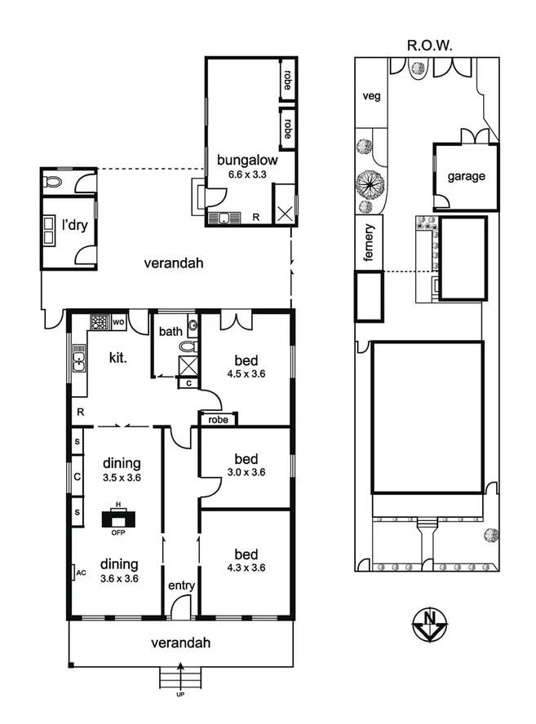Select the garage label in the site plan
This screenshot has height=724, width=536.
point(465,176)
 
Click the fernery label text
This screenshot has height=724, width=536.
point(369,243)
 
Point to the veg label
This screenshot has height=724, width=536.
point(371,96)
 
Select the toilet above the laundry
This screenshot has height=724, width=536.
point(53,181)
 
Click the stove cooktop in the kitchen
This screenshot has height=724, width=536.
point(100,322)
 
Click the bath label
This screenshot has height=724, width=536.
point(171,331)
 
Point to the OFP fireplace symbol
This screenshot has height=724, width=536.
point(119,519)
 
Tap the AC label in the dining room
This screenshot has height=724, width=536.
point(81,573)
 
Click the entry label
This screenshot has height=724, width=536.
point(180,585)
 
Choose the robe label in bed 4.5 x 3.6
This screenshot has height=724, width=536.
point(218,419)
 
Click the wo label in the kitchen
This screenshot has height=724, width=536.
point(117,322)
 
